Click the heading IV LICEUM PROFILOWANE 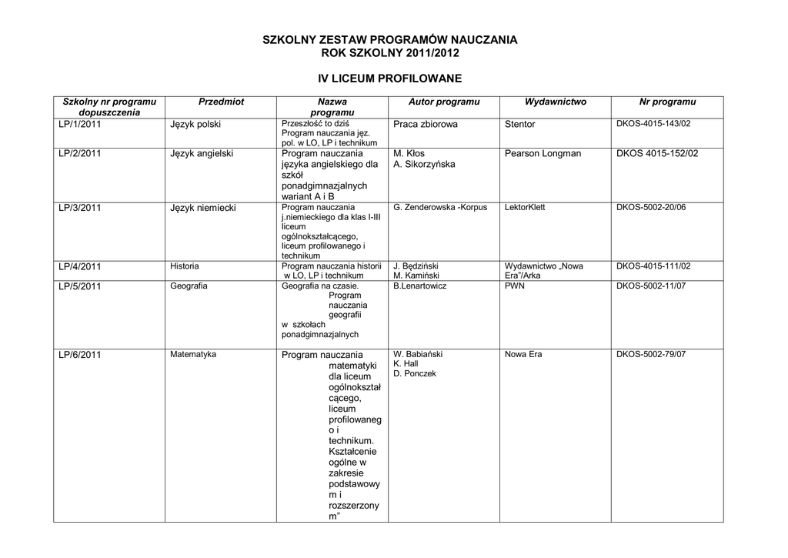[x=390, y=79]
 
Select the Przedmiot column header [x=221, y=102]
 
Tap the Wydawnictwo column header [x=556, y=102]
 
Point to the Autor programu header [x=444, y=102]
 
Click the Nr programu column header [x=667, y=102]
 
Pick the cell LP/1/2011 [x=80, y=123]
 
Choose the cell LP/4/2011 [x=80, y=266]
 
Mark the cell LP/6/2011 [x=80, y=355]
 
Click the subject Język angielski [x=202, y=153]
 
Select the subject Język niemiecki [x=203, y=208]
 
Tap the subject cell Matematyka [x=193, y=354]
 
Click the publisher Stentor [x=520, y=123]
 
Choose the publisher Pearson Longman [x=543, y=153]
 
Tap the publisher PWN [x=514, y=286]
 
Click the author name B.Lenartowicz [x=420, y=286]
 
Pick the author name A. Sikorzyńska [x=424, y=164]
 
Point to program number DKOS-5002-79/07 [x=651, y=354]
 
